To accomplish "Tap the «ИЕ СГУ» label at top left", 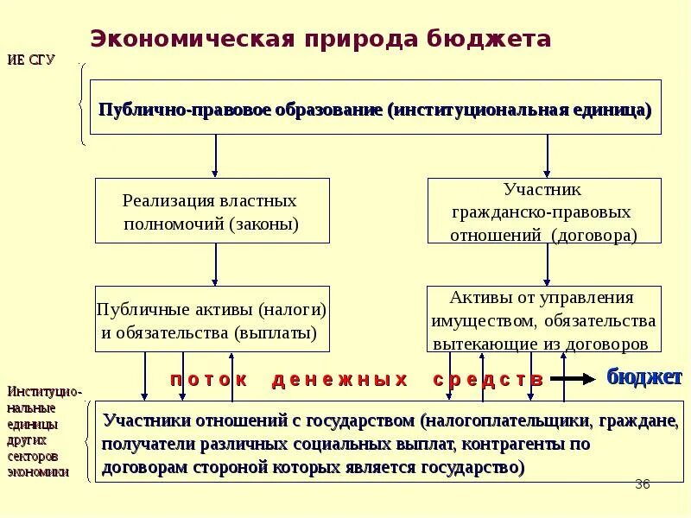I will [x=31, y=60].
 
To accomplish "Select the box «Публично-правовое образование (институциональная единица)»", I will [x=376, y=108].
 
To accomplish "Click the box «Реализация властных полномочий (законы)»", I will [x=212, y=212].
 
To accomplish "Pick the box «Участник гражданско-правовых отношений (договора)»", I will [x=543, y=212].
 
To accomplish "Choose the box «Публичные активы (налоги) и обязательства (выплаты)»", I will [x=212, y=319].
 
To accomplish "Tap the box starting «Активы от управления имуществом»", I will [x=543, y=319].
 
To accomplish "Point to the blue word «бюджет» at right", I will [x=644, y=376].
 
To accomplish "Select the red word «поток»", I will [x=208, y=379].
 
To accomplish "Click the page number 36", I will [x=642, y=484].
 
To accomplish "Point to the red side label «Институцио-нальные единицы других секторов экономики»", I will [x=43, y=432].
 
